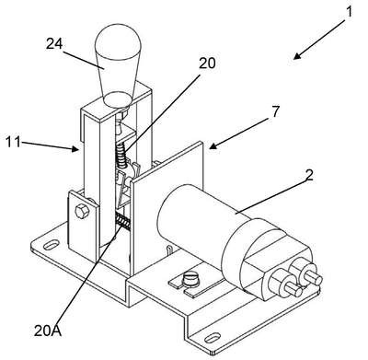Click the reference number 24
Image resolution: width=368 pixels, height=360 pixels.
[54, 43]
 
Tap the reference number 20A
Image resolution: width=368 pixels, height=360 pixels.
[48, 331]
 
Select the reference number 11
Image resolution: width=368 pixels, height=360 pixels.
[13, 143]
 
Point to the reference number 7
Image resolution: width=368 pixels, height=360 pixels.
[276, 111]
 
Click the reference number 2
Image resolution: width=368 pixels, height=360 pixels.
[309, 175]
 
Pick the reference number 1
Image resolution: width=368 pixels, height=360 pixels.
[349, 12]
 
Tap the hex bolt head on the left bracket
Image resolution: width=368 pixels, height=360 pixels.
[82, 211]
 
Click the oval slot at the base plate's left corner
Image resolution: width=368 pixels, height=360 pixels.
[52, 245]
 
